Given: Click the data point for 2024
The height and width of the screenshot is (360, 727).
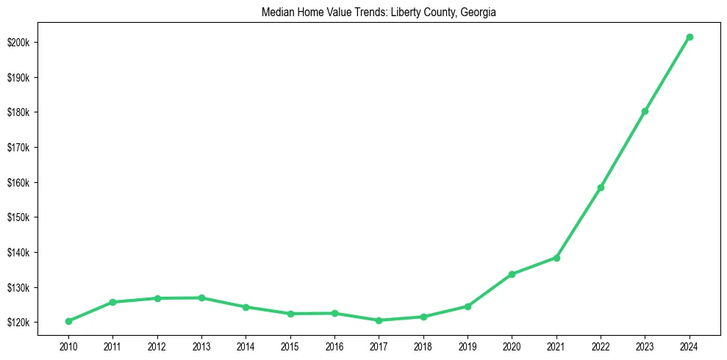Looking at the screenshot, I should click(x=690, y=37).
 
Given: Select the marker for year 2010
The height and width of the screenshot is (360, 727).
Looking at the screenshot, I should click(x=68, y=321).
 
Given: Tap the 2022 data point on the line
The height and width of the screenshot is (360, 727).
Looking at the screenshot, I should click(x=601, y=187).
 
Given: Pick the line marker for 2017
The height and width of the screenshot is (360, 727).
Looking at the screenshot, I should click(x=379, y=320).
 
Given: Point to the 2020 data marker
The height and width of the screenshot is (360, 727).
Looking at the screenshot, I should click(x=512, y=274).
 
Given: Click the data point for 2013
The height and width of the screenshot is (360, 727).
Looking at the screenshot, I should click(x=201, y=298).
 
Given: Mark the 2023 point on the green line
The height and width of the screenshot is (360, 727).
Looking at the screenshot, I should click(x=645, y=111).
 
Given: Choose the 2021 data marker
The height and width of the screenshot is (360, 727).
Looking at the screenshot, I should click(x=556, y=258).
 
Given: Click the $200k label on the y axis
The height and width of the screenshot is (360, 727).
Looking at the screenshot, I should click(x=18, y=43).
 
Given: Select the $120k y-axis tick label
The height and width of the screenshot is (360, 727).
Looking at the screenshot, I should click(x=18, y=323).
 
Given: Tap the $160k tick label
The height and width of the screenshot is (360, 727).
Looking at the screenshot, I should click(x=18, y=183).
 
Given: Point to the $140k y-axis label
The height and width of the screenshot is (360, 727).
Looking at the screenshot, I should click(x=18, y=253).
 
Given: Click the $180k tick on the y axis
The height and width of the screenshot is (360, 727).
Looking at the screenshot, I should click(x=18, y=112).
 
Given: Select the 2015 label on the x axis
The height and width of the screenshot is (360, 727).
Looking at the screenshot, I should click(x=290, y=345).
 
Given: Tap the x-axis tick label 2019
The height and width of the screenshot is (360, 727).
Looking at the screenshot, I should click(x=468, y=345).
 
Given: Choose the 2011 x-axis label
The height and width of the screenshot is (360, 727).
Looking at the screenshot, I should click(x=112, y=345).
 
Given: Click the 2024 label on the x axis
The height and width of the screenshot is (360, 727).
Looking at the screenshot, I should click(x=690, y=345).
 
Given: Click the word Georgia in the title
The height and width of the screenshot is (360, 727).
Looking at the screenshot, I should click(x=480, y=12).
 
